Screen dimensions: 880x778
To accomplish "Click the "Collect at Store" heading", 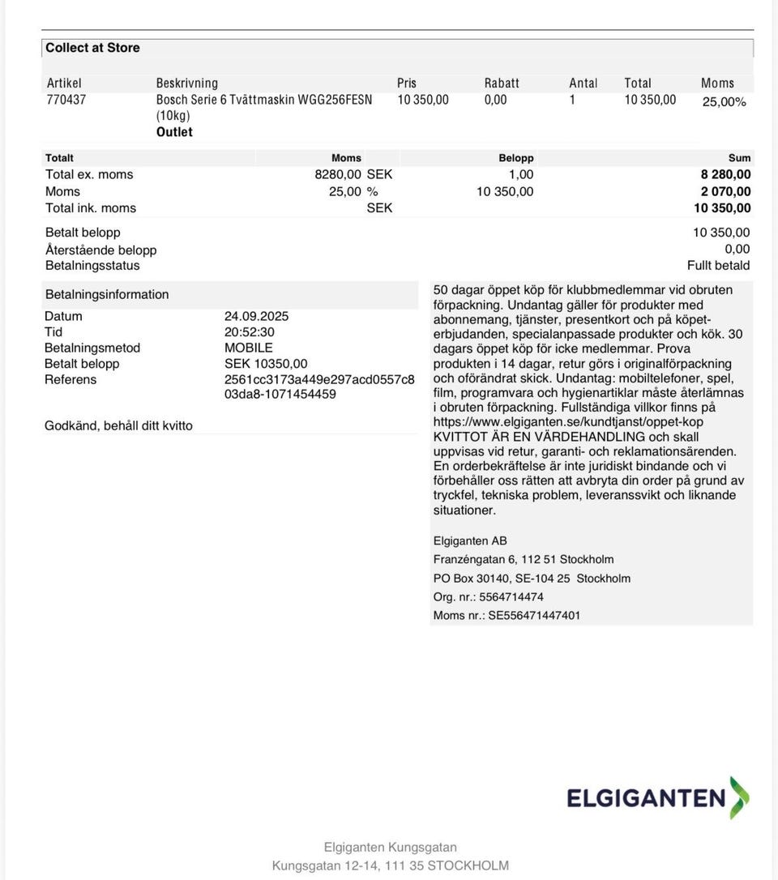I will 92,48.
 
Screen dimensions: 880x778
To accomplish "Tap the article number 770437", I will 66,100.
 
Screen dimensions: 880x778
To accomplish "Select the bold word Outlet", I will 174,132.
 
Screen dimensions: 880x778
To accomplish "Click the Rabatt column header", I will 502,83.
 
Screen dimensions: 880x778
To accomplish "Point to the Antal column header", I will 583,83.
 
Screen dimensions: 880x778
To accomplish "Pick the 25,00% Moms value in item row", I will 724,102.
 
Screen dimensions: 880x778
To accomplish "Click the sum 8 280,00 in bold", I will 725,174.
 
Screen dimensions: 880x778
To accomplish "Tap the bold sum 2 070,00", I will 725,191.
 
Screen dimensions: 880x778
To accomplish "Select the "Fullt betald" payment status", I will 718,265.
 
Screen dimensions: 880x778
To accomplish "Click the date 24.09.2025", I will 256,316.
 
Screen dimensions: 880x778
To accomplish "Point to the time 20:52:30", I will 250,331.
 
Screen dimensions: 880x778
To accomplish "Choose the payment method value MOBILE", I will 248,348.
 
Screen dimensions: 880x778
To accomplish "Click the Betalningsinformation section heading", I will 107,294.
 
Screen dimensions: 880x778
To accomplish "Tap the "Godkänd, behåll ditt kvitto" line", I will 118,425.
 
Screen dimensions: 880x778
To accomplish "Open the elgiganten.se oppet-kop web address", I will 568,421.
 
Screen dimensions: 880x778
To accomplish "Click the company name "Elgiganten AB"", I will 470,540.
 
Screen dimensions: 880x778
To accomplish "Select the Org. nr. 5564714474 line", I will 488,596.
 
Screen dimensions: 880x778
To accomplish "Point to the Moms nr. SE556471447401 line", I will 507,615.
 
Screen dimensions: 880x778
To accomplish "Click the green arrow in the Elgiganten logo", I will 739,797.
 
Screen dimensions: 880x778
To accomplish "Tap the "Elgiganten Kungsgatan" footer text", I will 390,847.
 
